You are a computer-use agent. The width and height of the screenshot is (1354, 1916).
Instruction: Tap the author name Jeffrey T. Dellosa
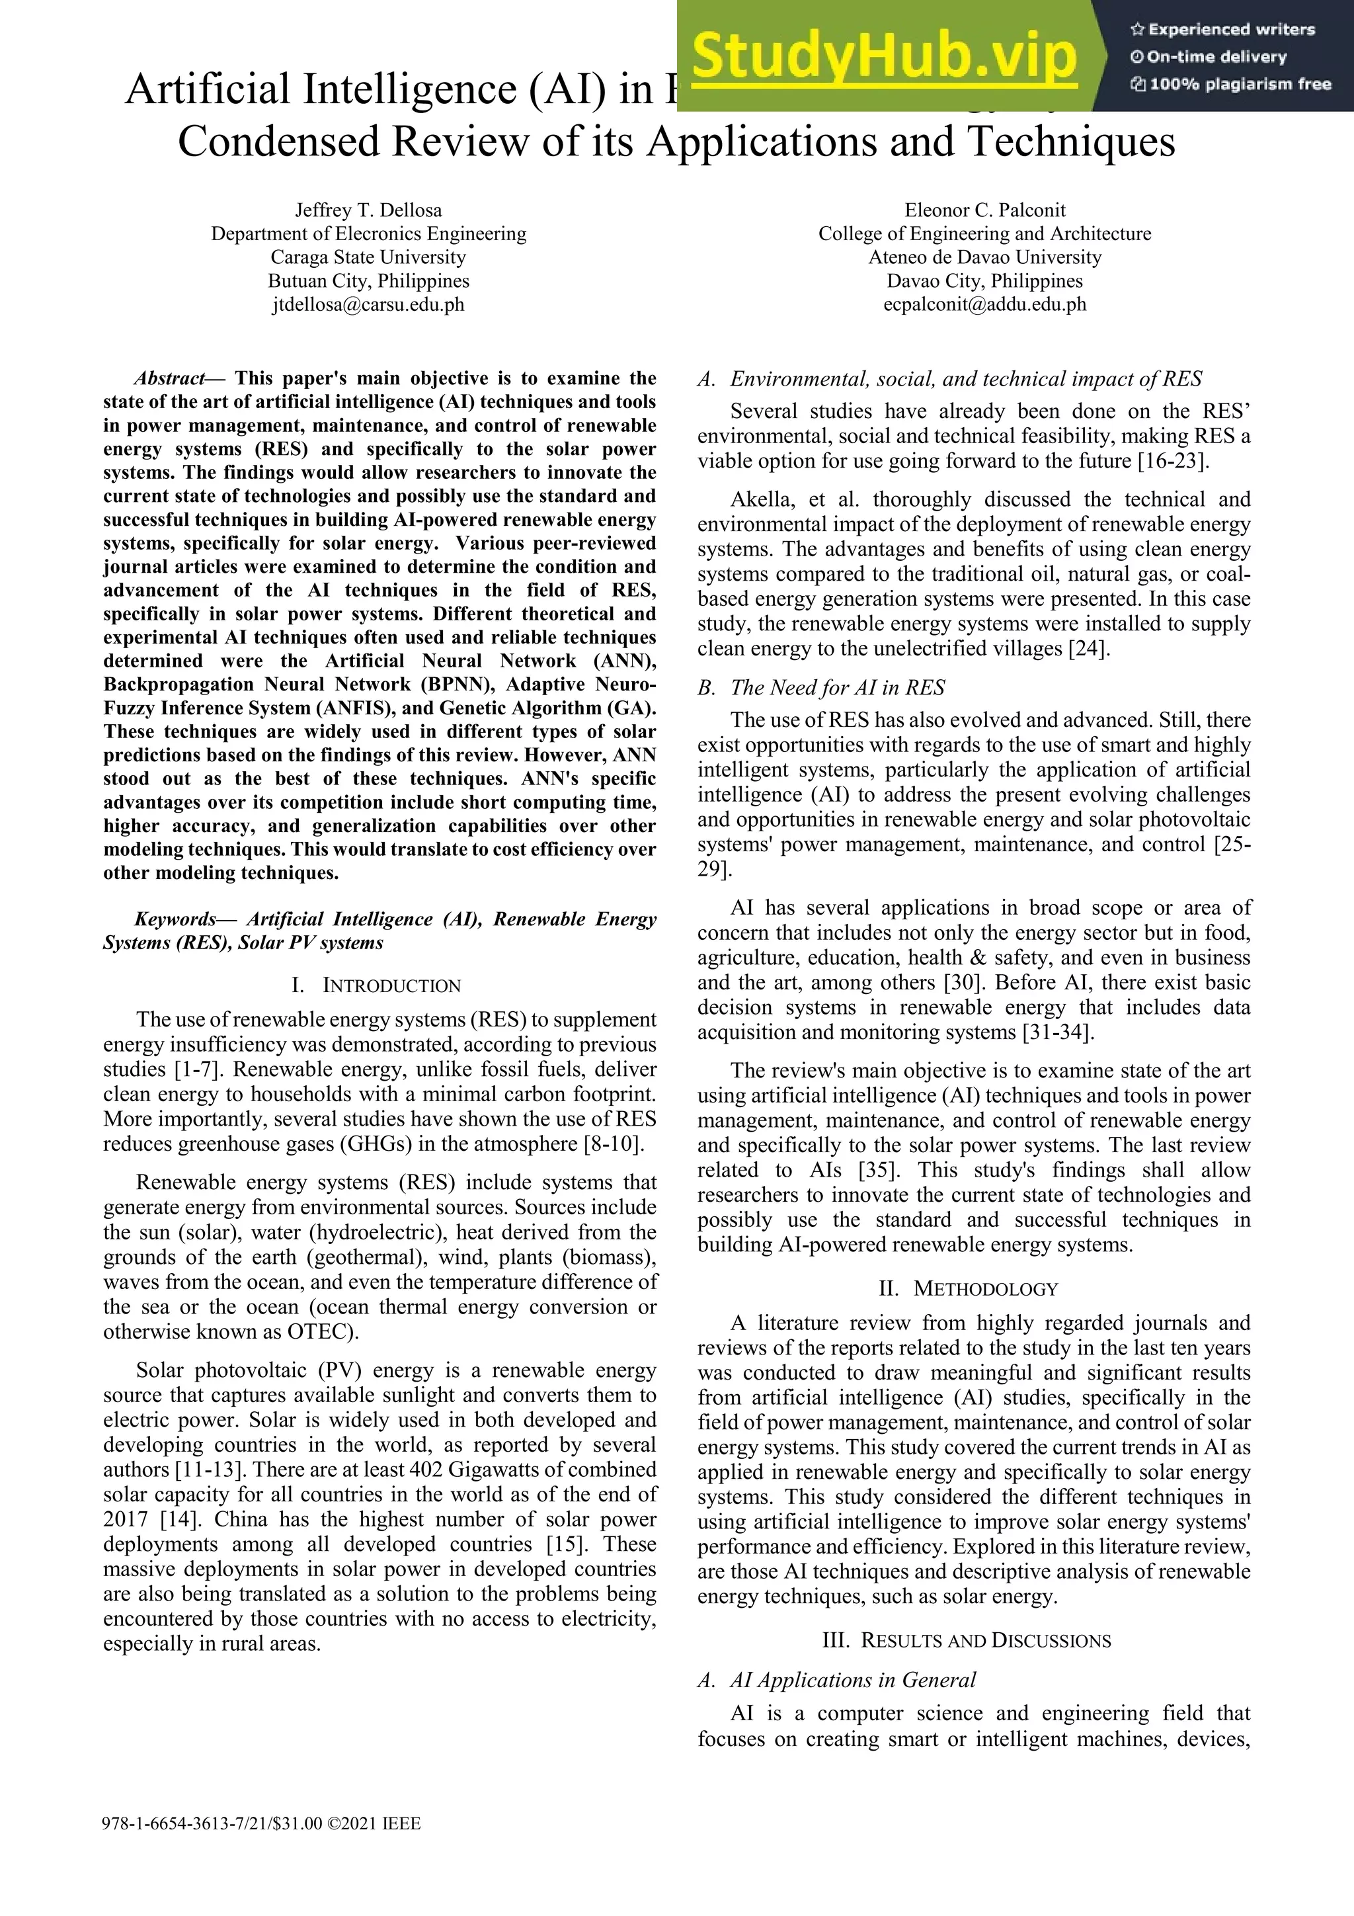pos(368,210)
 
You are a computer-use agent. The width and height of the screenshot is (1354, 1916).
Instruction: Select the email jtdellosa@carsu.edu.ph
pos(368,305)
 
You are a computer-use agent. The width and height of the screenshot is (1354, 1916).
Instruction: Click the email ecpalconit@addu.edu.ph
pos(984,305)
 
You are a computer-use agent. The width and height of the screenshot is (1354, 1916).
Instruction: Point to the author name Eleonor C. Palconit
pos(984,210)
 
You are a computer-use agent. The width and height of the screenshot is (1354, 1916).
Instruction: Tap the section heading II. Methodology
pos(969,1288)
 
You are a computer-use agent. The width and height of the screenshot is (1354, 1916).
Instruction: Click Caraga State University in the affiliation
pos(368,257)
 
